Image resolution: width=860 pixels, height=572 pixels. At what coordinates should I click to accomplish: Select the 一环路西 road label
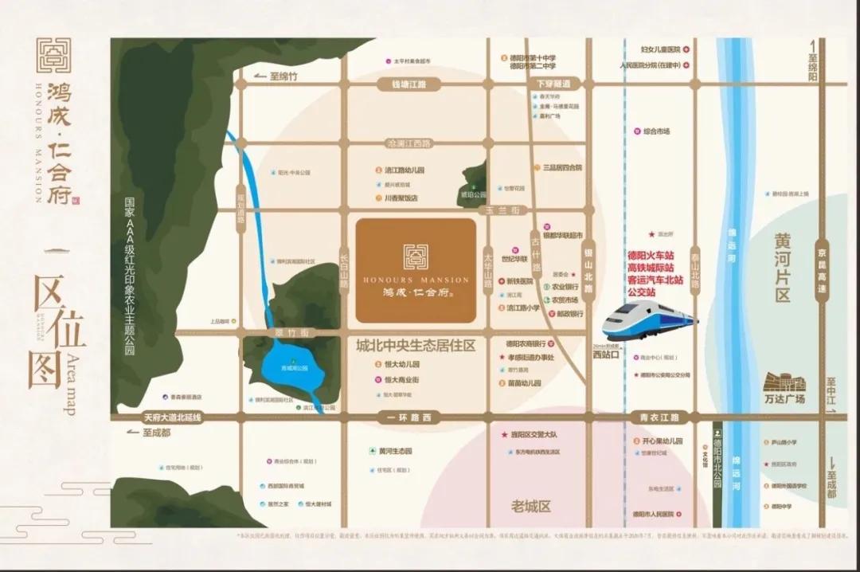tap(408, 417)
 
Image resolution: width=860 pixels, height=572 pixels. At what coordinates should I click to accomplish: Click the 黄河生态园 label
tap(394, 451)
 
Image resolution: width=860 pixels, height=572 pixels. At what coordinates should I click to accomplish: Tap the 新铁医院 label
tap(521, 281)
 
